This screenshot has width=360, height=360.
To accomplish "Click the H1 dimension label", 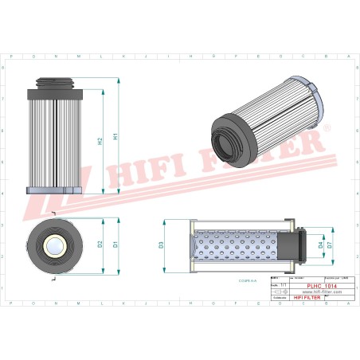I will point(116,136).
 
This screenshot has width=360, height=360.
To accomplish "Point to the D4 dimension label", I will point(321,244).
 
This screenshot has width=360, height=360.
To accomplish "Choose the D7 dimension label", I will point(330,244).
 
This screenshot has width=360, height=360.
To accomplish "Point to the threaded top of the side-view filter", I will point(55,82).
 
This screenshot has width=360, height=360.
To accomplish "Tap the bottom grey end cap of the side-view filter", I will point(55,190).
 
